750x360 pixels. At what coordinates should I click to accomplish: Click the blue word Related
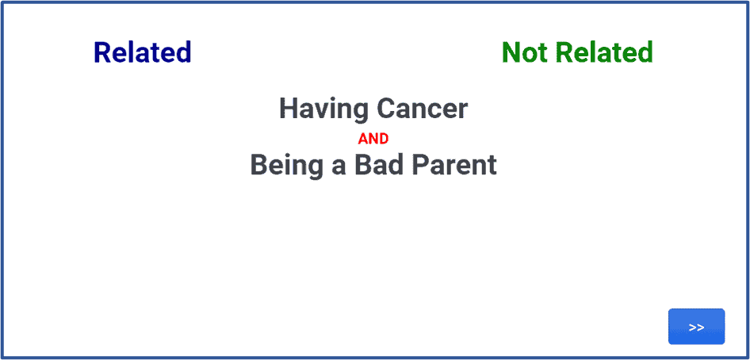[x=143, y=52]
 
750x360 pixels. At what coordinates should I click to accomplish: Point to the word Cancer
[x=423, y=109]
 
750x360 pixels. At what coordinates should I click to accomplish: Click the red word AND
[x=373, y=139]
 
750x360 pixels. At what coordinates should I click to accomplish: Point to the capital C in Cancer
[x=386, y=109]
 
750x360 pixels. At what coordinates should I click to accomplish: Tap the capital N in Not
[x=511, y=52]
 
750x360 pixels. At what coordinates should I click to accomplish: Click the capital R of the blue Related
[x=103, y=52]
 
